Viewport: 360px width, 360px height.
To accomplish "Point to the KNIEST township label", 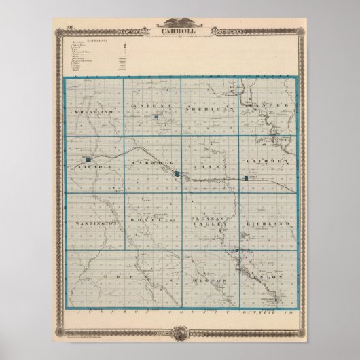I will pyautogui.click(x=148, y=107).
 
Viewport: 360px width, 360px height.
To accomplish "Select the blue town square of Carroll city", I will pyautogui.click(x=177, y=175).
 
